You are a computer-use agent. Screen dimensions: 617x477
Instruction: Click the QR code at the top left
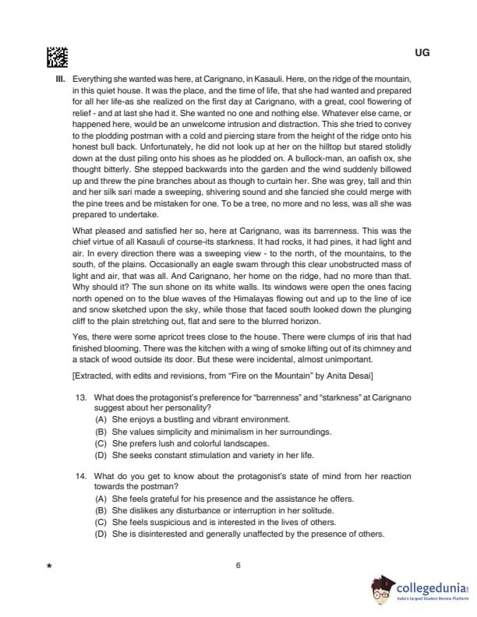pyautogui.click(x=58, y=57)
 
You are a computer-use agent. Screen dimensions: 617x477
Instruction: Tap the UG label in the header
pyautogui.click(x=422, y=53)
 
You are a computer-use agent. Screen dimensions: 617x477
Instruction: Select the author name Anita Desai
pyautogui.click(x=352, y=377)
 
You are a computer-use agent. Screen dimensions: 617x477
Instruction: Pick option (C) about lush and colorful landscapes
pyautogui.click(x=101, y=443)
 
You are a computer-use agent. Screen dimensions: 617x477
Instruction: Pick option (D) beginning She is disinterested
pyautogui.click(x=101, y=534)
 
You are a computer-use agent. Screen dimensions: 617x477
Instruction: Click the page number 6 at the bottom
pyautogui.click(x=238, y=566)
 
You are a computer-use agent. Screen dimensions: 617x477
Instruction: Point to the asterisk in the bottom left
pyautogui.click(x=49, y=567)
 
